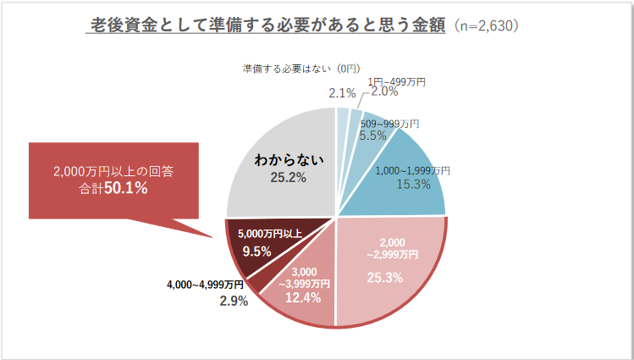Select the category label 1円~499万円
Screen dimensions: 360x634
tap(395, 81)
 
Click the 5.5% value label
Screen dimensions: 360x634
tap(373, 136)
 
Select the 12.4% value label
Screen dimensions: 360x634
tap(301, 297)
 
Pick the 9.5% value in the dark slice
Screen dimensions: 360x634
tap(256, 252)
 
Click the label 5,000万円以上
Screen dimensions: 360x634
tap(269, 233)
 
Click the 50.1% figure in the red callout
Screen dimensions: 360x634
tap(127, 189)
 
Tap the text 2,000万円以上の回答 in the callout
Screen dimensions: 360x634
tap(113, 171)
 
